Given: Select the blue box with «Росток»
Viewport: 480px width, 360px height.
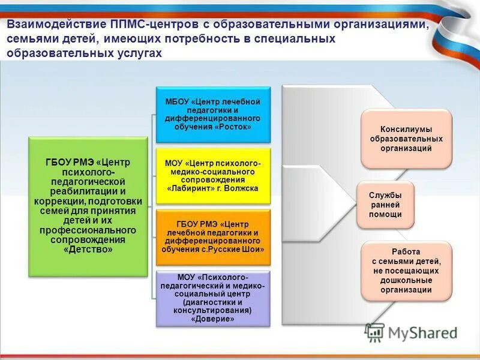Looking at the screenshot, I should tap(212, 114).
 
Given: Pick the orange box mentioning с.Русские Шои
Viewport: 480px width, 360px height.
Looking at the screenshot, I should tap(213, 236).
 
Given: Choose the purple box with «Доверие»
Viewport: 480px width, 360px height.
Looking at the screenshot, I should tap(212, 298).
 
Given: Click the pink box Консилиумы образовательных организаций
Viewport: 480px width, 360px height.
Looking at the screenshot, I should tap(406, 139).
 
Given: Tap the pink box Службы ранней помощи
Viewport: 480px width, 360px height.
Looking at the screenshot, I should tap(385, 205).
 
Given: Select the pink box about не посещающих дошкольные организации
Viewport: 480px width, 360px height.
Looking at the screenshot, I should tap(406, 271).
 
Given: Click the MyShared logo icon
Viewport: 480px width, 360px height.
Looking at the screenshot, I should tap(375, 332).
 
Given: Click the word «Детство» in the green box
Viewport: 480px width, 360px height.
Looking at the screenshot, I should tap(88, 249).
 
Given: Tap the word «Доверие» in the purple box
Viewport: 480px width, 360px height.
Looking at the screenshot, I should tap(212, 320).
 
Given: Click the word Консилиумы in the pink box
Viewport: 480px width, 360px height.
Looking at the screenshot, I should tap(406, 129).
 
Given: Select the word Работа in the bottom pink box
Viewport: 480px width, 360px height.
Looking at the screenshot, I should tap(405, 251).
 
